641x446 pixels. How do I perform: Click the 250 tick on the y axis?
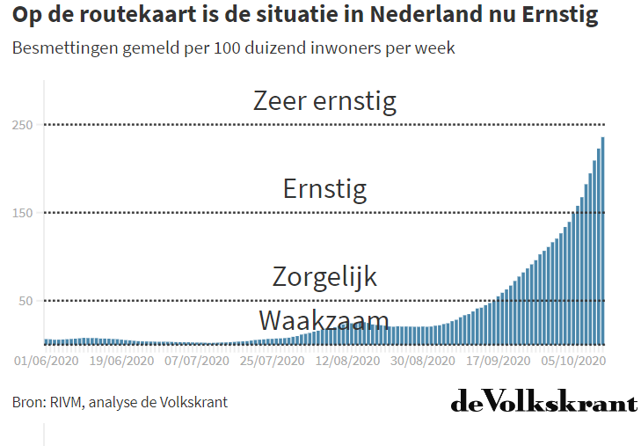pyautogui.click(x=22, y=125)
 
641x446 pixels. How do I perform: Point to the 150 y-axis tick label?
pyautogui.click(x=22, y=213)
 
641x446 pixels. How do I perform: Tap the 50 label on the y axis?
pyautogui.click(x=25, y=301)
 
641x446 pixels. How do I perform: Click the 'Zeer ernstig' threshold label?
pyautogui.click(x=324, y=100)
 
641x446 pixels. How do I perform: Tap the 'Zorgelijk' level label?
pyautogui.click(x=324, y=276)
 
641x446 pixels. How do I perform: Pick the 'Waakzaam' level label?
pyautogui.click(x=324, y=319)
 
